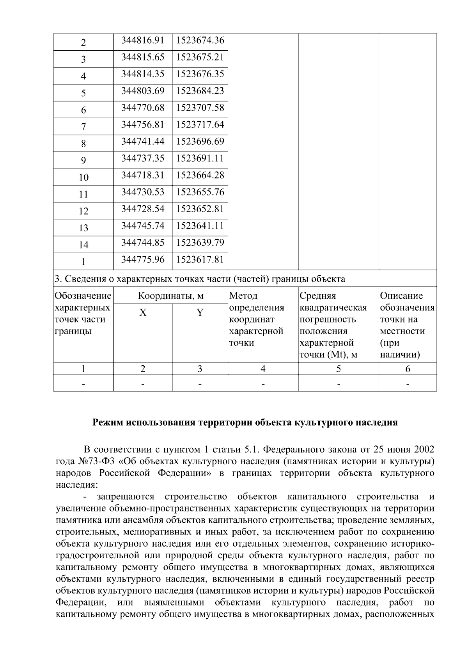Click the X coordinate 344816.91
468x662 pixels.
point(143,40)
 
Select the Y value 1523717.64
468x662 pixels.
point(200,124)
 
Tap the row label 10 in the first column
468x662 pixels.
point(83,177)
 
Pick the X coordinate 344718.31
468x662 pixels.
point(143,175)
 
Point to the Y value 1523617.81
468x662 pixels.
point(200,259)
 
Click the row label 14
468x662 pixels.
point(83,245)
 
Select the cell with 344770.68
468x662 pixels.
point(143,108)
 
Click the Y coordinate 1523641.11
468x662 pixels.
point(200,226)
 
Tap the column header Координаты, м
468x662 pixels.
point(171,296)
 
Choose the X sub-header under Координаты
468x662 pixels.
point(143,313)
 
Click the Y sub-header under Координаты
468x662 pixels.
point(200,313)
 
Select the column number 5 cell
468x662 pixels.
point(338,369)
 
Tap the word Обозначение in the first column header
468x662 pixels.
point(83,296)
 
